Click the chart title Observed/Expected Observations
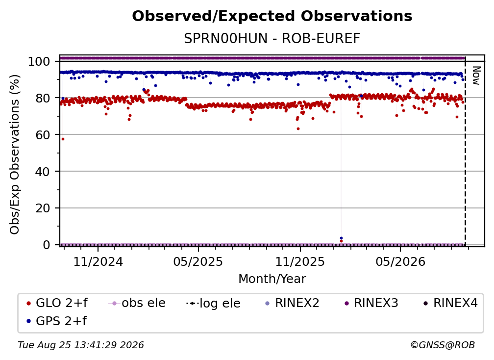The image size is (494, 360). [272, 16]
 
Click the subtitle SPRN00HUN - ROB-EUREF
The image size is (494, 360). [272, 39]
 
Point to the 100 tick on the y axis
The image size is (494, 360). [39, 61]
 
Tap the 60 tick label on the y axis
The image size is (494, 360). [43, 135]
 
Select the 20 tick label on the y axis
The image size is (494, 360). [43, 208]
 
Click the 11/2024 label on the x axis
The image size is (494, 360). [98, 262]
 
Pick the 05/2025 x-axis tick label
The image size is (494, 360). [198, 262]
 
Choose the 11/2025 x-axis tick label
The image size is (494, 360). [300, 262]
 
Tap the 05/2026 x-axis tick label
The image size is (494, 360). [400, 262]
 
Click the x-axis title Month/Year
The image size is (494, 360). [272, 279]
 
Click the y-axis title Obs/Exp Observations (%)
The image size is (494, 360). [15, 154]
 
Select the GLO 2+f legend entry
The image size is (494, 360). [57, 303]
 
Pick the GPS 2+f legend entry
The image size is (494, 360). [57, 321]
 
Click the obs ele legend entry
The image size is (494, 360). [137, 303]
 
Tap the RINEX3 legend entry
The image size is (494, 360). [372, 303]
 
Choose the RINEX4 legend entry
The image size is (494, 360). [451, 303]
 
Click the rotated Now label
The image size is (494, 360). [476, 76]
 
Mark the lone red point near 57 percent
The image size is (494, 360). [63, 139]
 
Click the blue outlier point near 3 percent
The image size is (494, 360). [341, 238]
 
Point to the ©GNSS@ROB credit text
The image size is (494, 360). [443, 345]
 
